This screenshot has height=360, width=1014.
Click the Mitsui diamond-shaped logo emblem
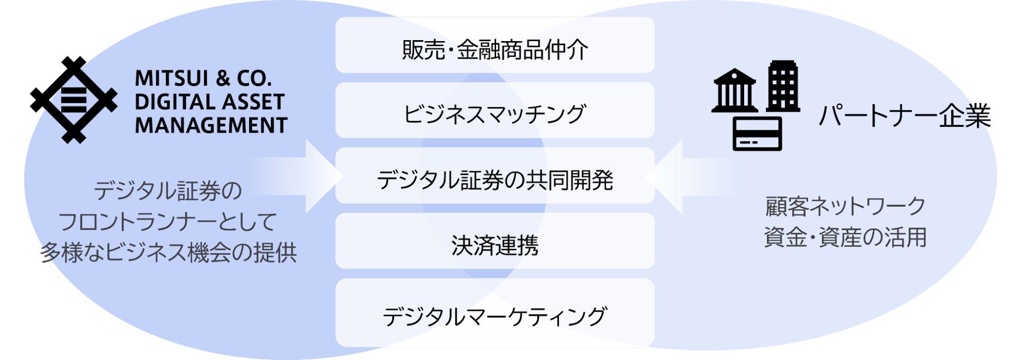click(73, 100)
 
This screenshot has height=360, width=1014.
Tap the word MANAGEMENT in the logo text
click(211, 125)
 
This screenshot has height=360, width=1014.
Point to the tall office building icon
click(783, 86)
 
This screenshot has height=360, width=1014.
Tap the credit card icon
click(757, 134)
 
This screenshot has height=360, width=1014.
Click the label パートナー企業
click(904, 115)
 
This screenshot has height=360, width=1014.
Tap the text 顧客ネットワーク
click(845, 207)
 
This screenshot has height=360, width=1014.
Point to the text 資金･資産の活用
click(845, 237)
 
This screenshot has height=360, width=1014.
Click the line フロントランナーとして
click(167, 222)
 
